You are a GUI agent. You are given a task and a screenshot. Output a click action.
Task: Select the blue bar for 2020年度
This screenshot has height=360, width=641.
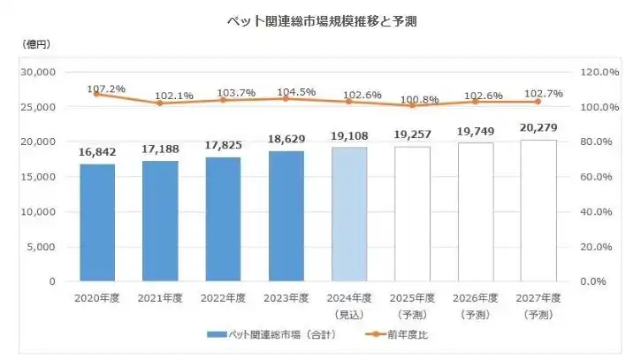(x=97, y=222)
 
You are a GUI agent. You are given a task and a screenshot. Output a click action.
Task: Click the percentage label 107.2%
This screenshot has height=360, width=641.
(x=106, y=88)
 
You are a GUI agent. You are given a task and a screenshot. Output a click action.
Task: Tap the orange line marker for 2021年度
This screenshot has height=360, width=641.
(x=160, y=103)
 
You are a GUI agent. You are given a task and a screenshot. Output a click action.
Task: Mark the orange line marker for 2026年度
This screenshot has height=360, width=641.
(x=476, y=102)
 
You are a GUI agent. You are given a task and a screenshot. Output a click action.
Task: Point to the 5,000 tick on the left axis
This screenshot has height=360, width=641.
(x=42, y=247)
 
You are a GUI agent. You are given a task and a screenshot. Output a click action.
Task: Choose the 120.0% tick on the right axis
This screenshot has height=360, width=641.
(x=597, y=72)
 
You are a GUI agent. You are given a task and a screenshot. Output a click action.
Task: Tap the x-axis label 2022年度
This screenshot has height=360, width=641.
(x=223, y=298)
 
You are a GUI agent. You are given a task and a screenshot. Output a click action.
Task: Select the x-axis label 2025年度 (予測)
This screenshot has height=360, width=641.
(x=413, y=305)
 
